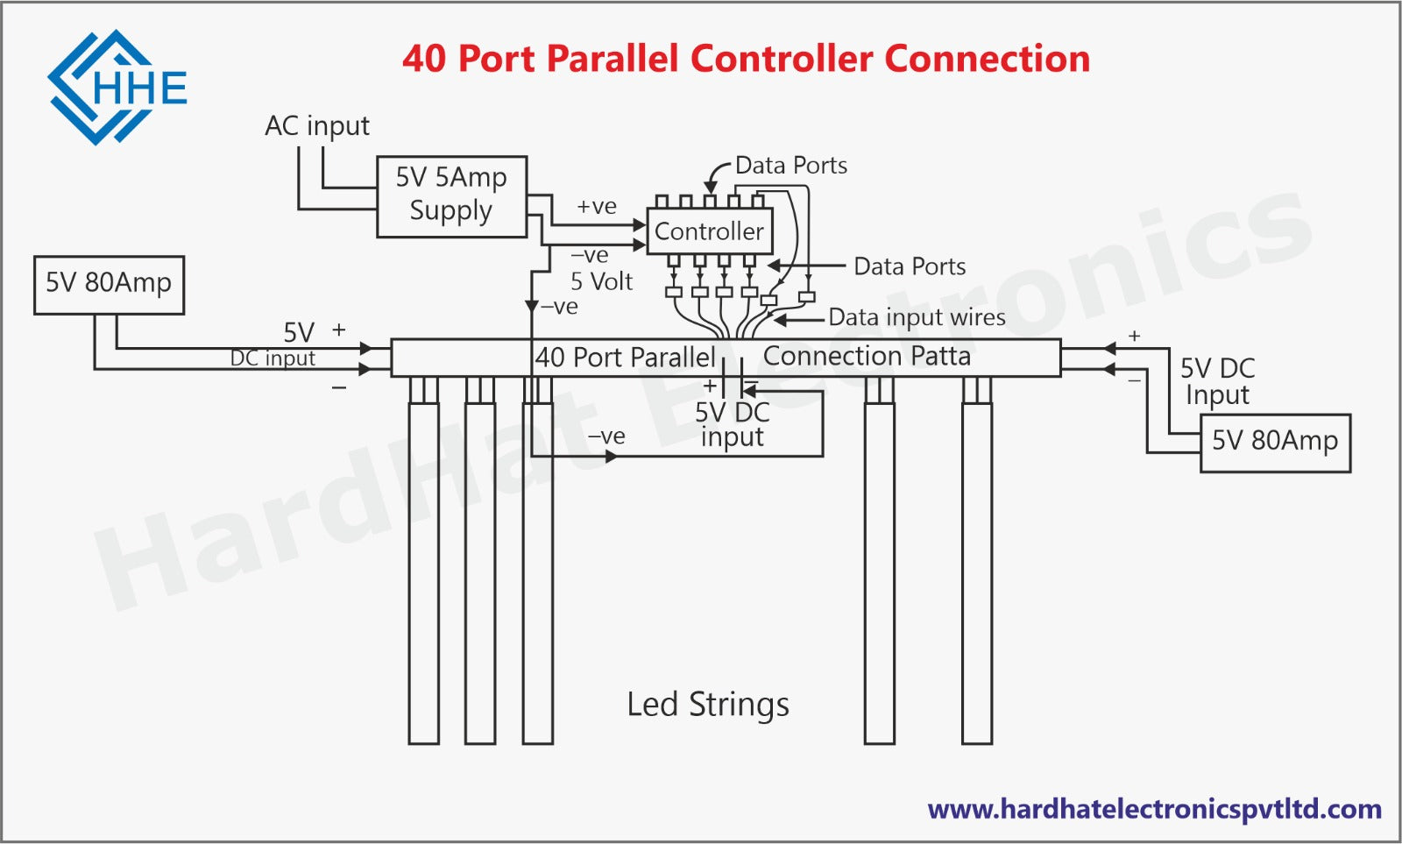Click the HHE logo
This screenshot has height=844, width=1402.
pyautogui.click(x=117, y=87)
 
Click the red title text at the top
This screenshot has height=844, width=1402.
pyautogui.click(x=746, y=59)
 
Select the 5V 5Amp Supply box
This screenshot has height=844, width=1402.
pyautogui.click(x=451, y=196)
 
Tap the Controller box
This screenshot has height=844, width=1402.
pyautogui.click(x=709, y=231)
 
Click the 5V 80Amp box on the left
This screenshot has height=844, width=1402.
pyautogui.click(x=109, y=284)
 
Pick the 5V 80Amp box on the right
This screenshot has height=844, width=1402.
pyautogui.click(x=1275, y=442)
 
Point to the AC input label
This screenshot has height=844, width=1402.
pyautogui.click(x=317, y=126)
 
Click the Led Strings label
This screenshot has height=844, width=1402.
pyautogui.click(x=708, y=705)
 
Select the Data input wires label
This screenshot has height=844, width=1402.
pyautogui.click(x=917, y=317)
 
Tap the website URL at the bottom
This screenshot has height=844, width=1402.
pyautogui.click(x=1154, y=808)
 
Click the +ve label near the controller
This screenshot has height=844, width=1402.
pyautogui.click(x=597, y=207)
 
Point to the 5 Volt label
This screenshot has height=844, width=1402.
pyautogui.click(x=601, y=281)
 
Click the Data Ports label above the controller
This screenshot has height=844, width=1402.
pyautogui.click(x=790, y=166)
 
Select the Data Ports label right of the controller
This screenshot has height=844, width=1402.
pyautogui.click(x=910, y=266)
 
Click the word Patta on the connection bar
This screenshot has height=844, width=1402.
pyautogui.click(x=940, y=356)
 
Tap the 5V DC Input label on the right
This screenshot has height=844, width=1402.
pyautogui.click(x=1218, y=381)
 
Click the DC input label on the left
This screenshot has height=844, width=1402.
pyautogui.click(x=273, y=358)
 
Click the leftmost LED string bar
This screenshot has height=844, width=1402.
pyautogui.click(x=424, y=570)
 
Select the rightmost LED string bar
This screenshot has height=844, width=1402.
pyautogui.click(x=977, y=570)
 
